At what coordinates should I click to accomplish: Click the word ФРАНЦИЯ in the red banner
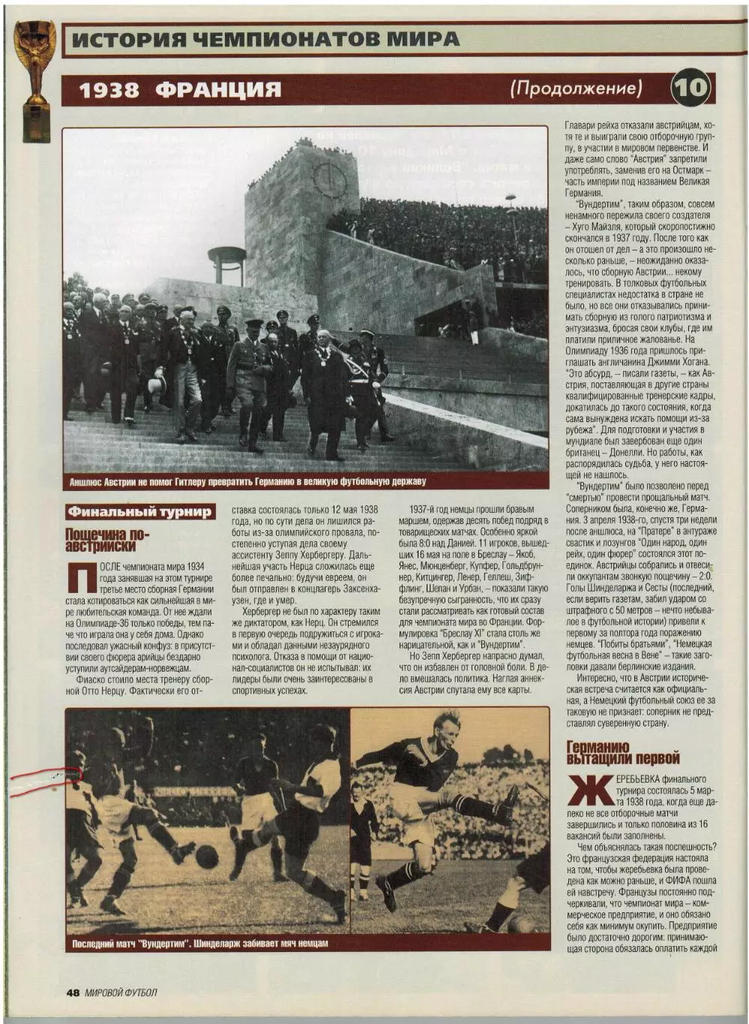[x=219, y=90]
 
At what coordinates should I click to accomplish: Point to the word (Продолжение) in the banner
[x=576, y=88]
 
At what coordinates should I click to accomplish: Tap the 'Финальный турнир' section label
[x=140, y=512]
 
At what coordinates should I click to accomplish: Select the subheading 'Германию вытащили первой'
[x=623, y=753]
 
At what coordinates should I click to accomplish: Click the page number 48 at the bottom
[x=73, y=993]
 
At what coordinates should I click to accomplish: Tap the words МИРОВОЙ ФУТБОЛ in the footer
[x=121, y=993]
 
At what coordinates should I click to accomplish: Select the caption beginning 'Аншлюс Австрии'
[x=247, y=481]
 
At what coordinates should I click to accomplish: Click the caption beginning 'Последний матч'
[x=200, y=943]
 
